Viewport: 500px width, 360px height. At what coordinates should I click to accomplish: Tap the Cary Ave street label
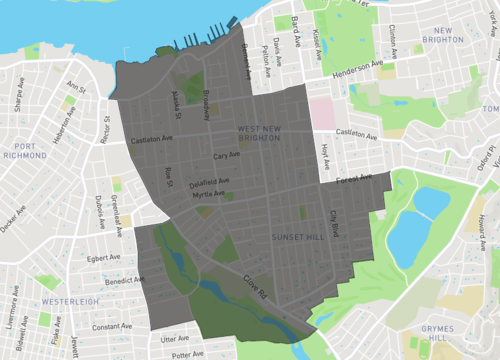[x=226, y=155]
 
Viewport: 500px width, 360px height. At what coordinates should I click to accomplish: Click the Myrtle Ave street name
[x=209, y=195]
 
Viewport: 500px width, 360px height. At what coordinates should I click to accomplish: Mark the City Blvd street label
[x=336, y=222]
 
